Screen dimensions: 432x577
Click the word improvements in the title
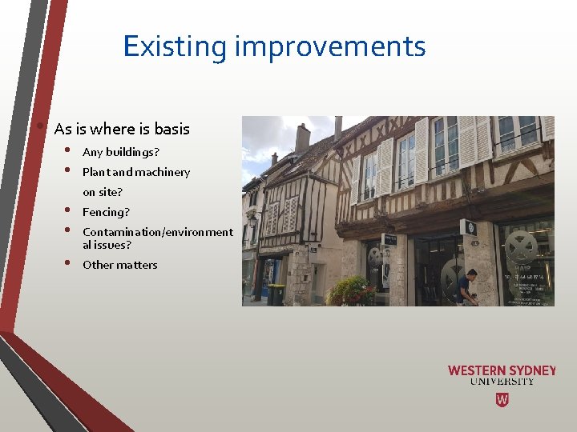click(330, 46)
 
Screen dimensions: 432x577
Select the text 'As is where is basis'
click(122, 129)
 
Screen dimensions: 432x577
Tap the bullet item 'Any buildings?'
click(121, 152)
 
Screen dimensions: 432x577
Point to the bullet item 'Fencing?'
click(106, 212)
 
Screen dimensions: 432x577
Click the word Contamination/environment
click(158, 232)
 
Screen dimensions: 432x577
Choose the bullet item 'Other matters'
click(120, 265)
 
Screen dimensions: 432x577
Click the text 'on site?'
click(103, 192)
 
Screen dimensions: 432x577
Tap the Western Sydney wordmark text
click(502, 370)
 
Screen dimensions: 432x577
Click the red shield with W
click(502, 399)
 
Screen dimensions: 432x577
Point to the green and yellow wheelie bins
click(276, 294)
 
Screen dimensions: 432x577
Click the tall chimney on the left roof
click(302, 138)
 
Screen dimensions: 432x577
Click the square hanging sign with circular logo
click(469, 227)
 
